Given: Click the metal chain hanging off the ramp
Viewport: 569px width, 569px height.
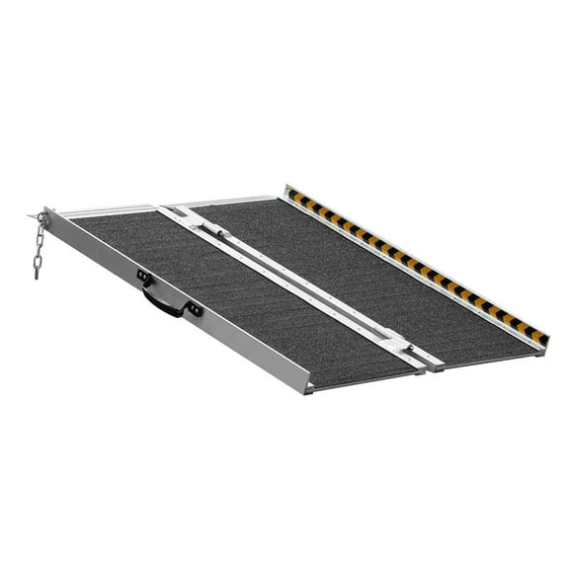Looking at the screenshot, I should click(39, 247).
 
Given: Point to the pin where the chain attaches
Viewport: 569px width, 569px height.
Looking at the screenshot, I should click(42, 216).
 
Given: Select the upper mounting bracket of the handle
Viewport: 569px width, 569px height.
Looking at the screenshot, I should click(144, 278).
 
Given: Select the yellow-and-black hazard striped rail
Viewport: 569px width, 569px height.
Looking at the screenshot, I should click(415, 263).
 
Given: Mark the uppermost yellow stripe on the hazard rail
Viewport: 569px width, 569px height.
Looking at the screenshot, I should click(294, 195).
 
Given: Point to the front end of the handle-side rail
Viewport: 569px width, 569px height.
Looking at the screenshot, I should click(306, 385).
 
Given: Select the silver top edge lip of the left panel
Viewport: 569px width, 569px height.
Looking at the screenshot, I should click(109, 210).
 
